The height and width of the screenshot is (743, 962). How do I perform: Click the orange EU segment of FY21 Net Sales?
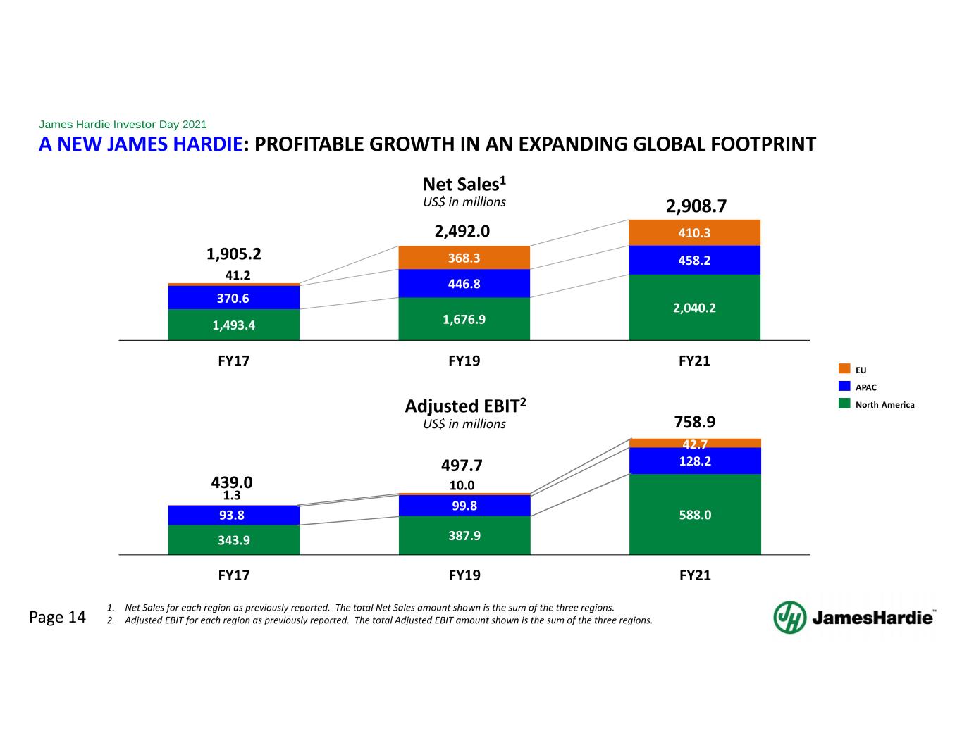tap(694, 232)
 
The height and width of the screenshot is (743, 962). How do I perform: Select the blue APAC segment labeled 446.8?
tap(464, 284)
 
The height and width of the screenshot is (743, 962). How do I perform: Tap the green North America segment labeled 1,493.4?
tap(234, 325)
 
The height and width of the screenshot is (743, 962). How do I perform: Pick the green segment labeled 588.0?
tap(695, 514)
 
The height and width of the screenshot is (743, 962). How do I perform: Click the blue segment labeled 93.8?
tap(234, 516)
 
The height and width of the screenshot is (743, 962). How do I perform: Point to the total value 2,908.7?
tap(696, 206)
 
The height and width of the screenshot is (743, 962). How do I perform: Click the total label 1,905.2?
tap(234, 254)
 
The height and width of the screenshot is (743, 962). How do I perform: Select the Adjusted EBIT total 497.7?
tap(462, 466)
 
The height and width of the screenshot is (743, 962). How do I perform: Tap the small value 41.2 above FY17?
tap(238, 275)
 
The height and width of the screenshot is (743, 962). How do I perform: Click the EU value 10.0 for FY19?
tap(462, 485)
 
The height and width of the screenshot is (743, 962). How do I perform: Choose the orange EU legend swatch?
tap(844, 368)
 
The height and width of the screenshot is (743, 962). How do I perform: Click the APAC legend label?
tap(866, 387)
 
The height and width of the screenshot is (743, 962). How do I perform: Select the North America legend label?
tap(885, 405)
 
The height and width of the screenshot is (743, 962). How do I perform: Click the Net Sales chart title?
tap(464, 184)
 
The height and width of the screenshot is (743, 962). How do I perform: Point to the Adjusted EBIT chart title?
tap(466, 406)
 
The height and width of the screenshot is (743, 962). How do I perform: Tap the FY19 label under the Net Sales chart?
tap(464, 361)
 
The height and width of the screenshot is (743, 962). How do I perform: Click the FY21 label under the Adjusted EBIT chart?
tap(695, 575)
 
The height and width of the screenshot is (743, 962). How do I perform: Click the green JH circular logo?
tap(790, 618)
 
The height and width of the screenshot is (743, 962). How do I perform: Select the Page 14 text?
tap(57, 617)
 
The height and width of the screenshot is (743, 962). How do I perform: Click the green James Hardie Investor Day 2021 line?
tap(123, 124)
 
